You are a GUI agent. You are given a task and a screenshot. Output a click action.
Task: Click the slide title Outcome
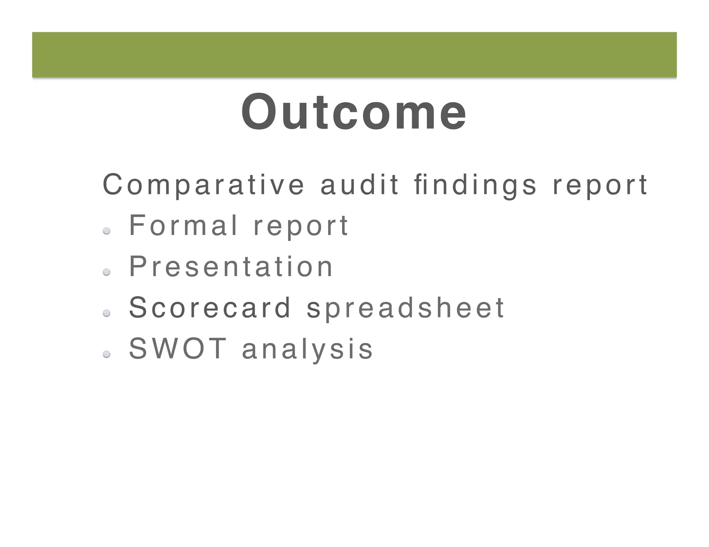(x=354, y=112)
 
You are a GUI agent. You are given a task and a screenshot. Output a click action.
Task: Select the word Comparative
(x=204, y=185)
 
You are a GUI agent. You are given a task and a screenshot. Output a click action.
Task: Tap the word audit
(x=360, y=185)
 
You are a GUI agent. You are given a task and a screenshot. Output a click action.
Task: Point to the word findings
(x=475, y=185)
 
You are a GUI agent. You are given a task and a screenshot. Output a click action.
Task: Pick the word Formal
(x=183, y=225)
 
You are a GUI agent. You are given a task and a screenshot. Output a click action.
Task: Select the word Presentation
(x=231, y=266)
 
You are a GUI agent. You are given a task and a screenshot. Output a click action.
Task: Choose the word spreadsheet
(x=405, y=308)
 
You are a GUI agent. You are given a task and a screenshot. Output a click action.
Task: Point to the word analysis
(x=307, y=349)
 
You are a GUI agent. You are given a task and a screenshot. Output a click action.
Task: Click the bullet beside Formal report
(x=107, y=231)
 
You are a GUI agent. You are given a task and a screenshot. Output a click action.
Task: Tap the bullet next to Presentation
(x=107, y=272)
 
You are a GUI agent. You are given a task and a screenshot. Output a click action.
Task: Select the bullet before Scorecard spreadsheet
(x=107, y=313)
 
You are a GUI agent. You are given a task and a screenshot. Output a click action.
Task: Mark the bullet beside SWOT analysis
(x=107, y=354)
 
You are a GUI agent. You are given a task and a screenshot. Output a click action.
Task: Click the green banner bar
(x=354, y=55)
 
